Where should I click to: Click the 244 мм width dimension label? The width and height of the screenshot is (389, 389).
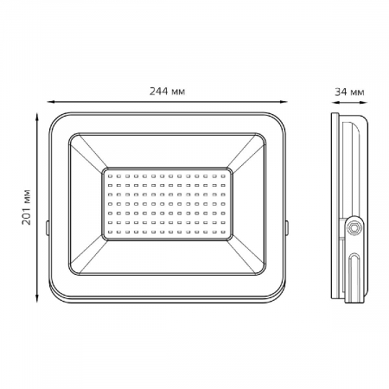coord(167,91)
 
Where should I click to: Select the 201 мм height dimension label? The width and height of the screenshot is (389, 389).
coord(26,207)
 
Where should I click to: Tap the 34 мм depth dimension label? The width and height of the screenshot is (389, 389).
coord(349,92)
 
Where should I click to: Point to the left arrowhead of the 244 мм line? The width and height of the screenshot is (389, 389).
coord(51,102)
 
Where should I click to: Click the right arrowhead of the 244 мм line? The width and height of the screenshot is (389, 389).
coord(284,102)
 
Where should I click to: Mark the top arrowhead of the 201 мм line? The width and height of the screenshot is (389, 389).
coord(37,117)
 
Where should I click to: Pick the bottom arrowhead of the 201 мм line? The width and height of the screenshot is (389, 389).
coord(37,298)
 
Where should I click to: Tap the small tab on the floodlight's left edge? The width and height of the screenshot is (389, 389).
coord(47,227)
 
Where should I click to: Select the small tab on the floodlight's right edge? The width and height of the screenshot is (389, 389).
coord(287,227)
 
